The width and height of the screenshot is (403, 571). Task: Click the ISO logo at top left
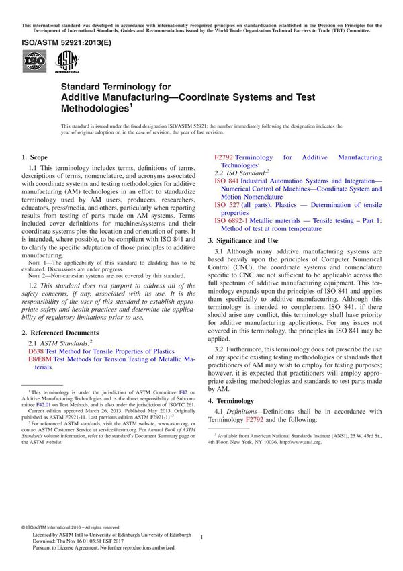[34, 63]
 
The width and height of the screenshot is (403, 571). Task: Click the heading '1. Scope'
[38, 157]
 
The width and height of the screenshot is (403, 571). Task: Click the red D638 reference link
[36, 351]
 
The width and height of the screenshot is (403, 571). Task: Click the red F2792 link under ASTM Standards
[223, 157]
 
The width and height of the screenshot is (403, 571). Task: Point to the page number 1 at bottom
[201, 537]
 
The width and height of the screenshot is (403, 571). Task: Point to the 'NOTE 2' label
[39, 275]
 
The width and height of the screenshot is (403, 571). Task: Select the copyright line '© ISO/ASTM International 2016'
[64, 527]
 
